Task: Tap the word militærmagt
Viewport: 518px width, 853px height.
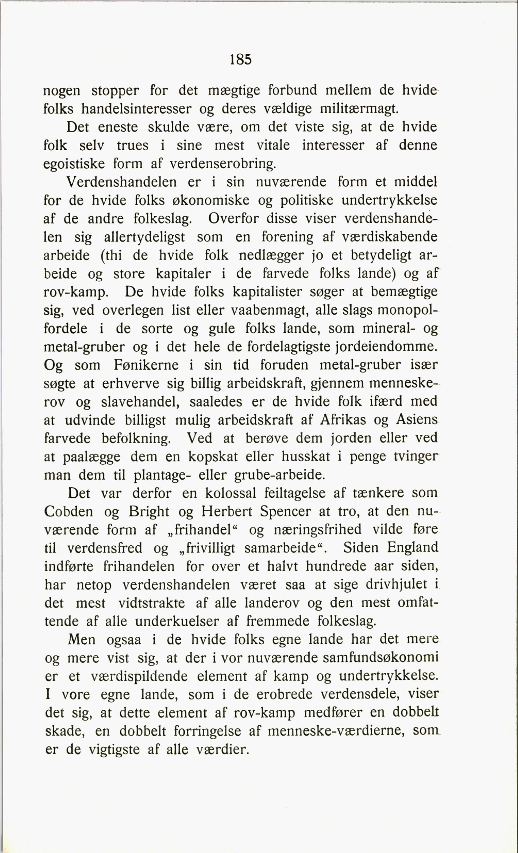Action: [x=359, y=109]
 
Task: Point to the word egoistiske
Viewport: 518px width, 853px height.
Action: [x=74, y=164]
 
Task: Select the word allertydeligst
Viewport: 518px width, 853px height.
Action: [x=144, y=237]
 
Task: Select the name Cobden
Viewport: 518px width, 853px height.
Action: [x=69, y=512]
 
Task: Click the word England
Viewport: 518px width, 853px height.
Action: [x=412, y=548]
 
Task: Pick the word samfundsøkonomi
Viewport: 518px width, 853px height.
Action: [x=380, y=657]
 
